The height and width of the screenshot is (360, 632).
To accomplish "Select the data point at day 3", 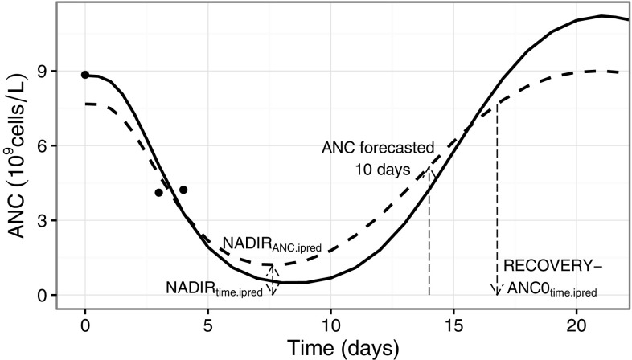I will pos(159,193).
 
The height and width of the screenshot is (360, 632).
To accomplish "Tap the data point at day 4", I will pos(183,190).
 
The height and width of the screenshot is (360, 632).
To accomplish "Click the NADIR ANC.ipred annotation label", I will pos(271,244).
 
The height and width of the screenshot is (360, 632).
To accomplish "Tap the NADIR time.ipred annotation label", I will pos(214,287).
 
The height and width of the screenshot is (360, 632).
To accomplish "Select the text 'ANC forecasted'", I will pos(378,148).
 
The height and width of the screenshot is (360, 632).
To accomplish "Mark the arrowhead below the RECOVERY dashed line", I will pos(497,290).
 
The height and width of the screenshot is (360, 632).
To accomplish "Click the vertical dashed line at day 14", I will pos(429,241).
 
